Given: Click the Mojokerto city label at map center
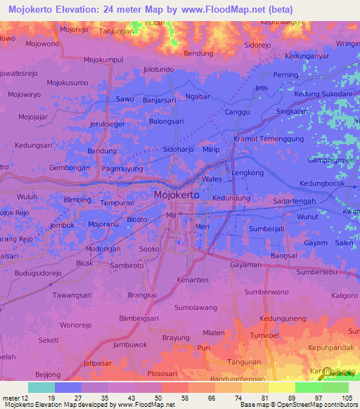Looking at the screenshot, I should (179, 196).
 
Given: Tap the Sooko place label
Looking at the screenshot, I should (150, 249).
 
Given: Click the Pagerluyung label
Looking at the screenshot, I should (122, 169).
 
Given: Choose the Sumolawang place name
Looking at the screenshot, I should (195, 308).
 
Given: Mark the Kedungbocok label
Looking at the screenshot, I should (322, 184).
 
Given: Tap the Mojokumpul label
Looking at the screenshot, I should (103, 60).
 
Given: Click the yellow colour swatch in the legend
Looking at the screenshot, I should (281, 387).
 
